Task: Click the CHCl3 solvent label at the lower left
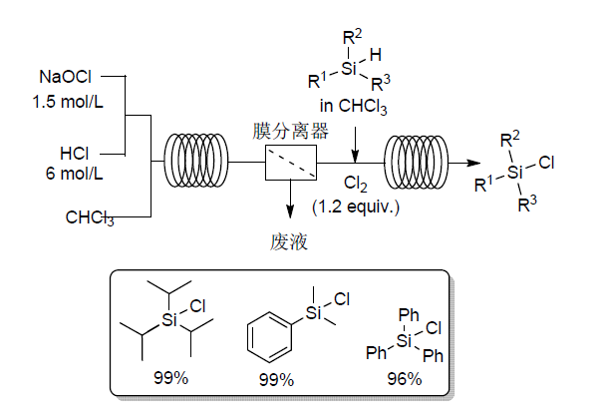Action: [92, 214]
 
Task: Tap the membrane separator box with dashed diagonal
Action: [291, 160]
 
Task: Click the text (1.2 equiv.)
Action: [356, 206]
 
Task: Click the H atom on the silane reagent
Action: [374, 55]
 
